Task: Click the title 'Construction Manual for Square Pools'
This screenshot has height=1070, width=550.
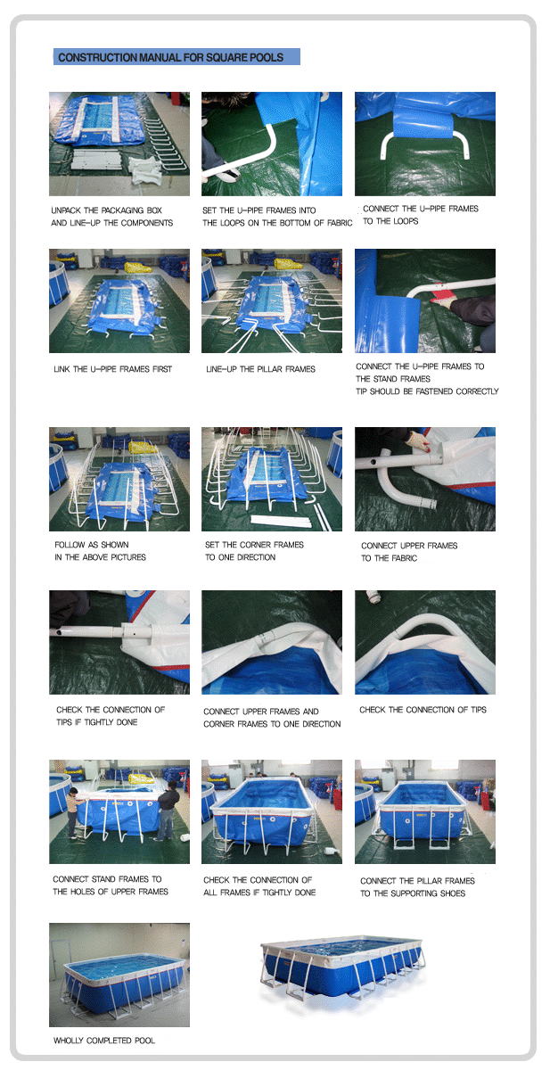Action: (170, 57)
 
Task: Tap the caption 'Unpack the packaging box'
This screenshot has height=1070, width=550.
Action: (106, 210)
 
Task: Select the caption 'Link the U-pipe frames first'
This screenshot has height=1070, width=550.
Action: (112, 369)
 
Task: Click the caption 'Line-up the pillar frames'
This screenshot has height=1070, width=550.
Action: (260, 369)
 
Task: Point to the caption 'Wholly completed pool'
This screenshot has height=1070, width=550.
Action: (104, 1040)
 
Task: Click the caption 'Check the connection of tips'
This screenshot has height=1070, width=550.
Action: (423, 710)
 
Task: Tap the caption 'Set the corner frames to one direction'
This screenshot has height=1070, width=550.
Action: (254, 551)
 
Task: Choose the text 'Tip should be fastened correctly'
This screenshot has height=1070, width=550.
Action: (427, 391)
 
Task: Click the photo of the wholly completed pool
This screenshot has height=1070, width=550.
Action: (119, 975)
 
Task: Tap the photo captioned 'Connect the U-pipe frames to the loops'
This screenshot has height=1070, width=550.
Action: (425, 144)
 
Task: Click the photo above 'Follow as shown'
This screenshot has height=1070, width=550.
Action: (119, 479)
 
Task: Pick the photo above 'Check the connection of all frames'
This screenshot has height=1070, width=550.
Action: (272, 811)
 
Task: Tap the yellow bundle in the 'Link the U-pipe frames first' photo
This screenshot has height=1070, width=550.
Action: (138, 267)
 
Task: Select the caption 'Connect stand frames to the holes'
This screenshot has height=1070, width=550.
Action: (111, 885)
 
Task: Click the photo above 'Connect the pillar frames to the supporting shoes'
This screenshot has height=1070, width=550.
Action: (425, 811)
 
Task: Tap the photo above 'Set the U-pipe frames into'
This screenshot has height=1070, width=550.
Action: (272, 144)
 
